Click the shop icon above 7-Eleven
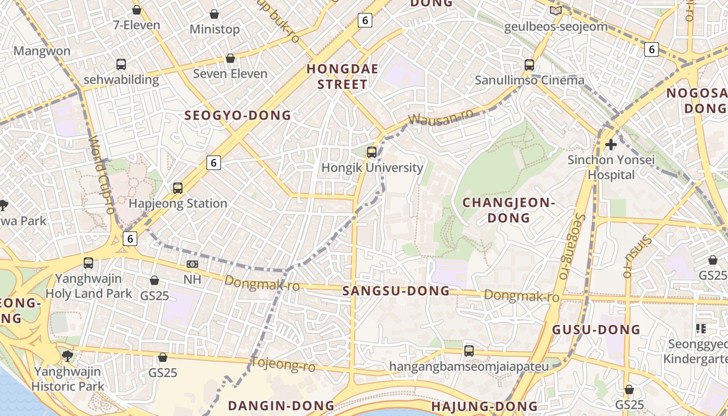click(137, 10)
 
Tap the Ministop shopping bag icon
click(214, 14)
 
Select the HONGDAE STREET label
click(342, 76)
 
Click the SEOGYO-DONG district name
click(238, 115)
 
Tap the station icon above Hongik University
click(372, 152)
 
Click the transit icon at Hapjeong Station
click(178, 188)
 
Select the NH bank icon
click(192, 264)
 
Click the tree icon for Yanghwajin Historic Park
click(67, 356)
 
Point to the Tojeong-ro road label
click(283, 364)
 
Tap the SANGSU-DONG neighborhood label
click(396, 291)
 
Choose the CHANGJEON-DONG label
click(509, 210)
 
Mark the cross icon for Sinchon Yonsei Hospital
click(611, 144)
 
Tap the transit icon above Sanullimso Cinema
click(529, 65)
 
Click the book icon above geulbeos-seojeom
click(556, 10)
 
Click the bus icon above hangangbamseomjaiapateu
click(469, 351)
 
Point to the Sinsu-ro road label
click(635, 255)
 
